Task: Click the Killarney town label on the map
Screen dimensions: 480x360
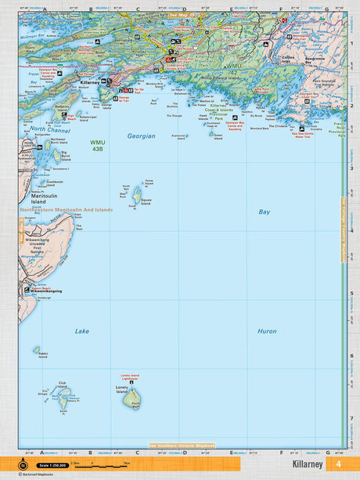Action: (x=91, y=81)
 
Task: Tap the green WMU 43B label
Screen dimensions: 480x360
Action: (x=88, y=146)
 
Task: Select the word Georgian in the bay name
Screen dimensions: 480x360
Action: (x=142, y=135)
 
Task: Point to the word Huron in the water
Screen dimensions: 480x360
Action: (x=267, y=331)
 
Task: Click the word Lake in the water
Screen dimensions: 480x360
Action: (x=82, y=331)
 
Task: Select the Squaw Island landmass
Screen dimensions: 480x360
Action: (x=137, y=193)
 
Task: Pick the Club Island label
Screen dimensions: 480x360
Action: (x=63, y=383)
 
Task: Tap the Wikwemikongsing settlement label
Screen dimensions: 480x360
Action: (x=45, y=291)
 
